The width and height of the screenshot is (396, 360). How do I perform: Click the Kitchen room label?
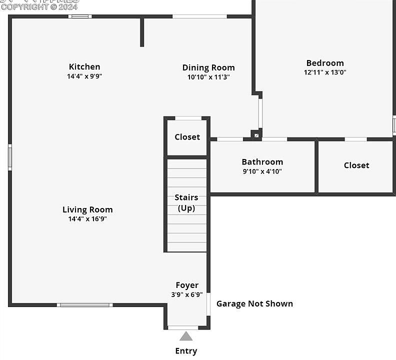pos(84,66)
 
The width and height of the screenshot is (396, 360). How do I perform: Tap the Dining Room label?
pos(208,67)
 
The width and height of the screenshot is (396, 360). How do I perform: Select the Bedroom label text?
pos(325,63)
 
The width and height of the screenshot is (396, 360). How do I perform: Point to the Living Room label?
pos(87,209)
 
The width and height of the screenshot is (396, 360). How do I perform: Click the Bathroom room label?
pos(262,161)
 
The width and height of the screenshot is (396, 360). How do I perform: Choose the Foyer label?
pos(187,285)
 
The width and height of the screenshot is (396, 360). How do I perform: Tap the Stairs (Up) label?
pos(186,203)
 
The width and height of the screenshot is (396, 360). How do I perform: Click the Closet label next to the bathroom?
pos(356,165)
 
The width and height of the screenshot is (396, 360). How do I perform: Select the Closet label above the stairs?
pos(187,137)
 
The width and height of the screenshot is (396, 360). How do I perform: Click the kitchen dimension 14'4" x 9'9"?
pos(84,76)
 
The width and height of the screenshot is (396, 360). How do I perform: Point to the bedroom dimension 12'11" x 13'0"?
pos(325,72)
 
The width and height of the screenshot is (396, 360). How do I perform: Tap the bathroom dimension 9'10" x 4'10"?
pos(262,171)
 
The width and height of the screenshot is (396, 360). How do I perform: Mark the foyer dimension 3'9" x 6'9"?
pos(187,294)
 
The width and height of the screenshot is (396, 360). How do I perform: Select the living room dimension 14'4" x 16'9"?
pos(87,219)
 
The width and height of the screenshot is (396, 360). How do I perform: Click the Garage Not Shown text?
pos(254,303)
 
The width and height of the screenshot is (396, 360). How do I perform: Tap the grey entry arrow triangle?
pos(186,336)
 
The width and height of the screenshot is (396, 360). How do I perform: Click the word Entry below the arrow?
pos(186,351)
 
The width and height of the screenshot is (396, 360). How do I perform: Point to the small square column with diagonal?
pos(256,135)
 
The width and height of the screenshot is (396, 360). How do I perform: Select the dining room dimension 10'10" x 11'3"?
pos(208,77)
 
